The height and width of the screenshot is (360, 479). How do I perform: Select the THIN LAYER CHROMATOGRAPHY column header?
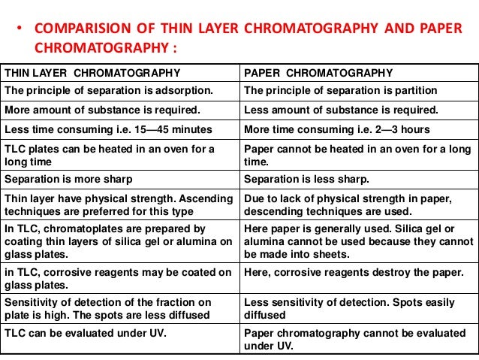[x=92, y=73]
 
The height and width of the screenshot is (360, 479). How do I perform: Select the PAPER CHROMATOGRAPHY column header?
[x=318, y=73]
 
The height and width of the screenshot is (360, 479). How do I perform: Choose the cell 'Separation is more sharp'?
[x=68, y=180]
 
